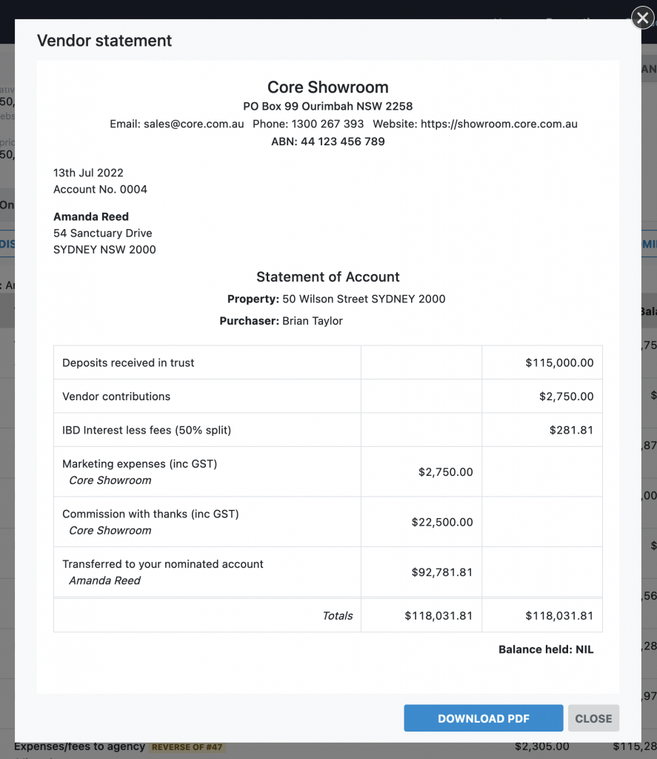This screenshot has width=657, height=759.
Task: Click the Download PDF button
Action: (483, 718)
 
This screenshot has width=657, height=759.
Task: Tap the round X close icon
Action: (642, 18)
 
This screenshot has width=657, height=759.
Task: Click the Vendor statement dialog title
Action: (104, 41)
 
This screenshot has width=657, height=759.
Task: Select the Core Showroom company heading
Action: (327, 87)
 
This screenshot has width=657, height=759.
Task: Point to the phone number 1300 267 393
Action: (327, 124)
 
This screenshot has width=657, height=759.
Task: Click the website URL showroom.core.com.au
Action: (498, 124)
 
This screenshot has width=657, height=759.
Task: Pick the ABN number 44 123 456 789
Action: (342, 142)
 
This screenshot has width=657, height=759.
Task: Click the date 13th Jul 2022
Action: (88, 173)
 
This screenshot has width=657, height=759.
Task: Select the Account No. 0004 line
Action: (100, 189)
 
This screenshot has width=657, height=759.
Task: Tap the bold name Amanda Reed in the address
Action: (91, 216)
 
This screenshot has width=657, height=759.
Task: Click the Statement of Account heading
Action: (327, 277)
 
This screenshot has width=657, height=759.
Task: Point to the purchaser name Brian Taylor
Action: (313, 321)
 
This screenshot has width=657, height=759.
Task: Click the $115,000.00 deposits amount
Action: (559, 362)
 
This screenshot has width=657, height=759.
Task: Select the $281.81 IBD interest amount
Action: (571, 430)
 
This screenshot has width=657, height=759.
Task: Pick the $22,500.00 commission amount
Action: (441, 522)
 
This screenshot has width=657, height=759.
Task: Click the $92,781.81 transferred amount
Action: (441, 572)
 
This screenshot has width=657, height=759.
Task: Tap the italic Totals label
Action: (338, 615)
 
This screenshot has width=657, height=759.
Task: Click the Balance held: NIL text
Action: (546, 649)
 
